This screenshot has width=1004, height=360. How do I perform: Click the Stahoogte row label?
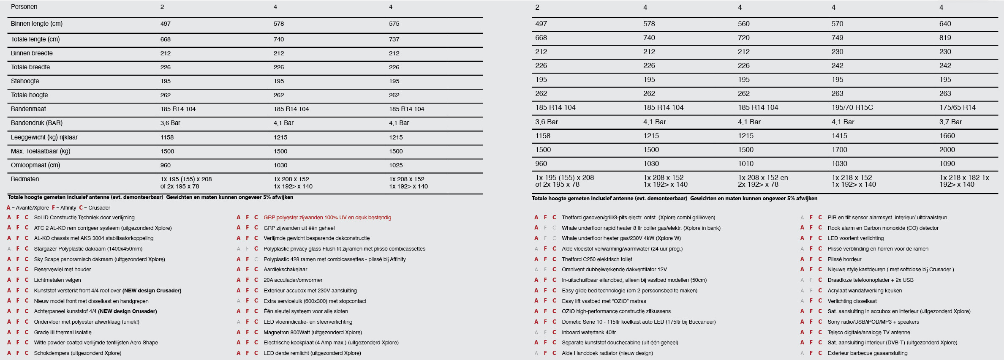tap(25, 81)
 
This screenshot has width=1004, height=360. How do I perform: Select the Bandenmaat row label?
tap(28, 109)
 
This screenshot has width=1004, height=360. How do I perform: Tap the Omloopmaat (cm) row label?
tap(35, 165)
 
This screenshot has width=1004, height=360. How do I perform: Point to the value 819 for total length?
tap(945, 38)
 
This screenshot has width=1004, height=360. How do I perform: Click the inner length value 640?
tap(945, 24)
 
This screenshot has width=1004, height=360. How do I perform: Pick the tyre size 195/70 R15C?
tap(852, 108)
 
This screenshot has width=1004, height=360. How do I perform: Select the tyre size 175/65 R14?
tap(957, 108)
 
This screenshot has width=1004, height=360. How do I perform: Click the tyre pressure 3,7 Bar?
tap(950, 122)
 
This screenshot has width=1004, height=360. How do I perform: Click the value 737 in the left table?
tap(394, 39)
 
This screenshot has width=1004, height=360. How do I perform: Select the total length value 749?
tap(837, 38)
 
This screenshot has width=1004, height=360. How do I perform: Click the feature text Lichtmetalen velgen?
tap(57, 280)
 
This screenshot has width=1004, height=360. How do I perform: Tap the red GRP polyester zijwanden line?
tap(327, 218)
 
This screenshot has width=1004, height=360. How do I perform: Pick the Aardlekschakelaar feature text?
tap(285, 270)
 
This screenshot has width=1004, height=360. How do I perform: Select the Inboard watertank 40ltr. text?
tap(589, 333)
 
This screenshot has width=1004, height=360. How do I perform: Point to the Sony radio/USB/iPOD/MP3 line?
tap(873, 322)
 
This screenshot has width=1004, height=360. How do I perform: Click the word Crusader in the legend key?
tap(99, 208)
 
